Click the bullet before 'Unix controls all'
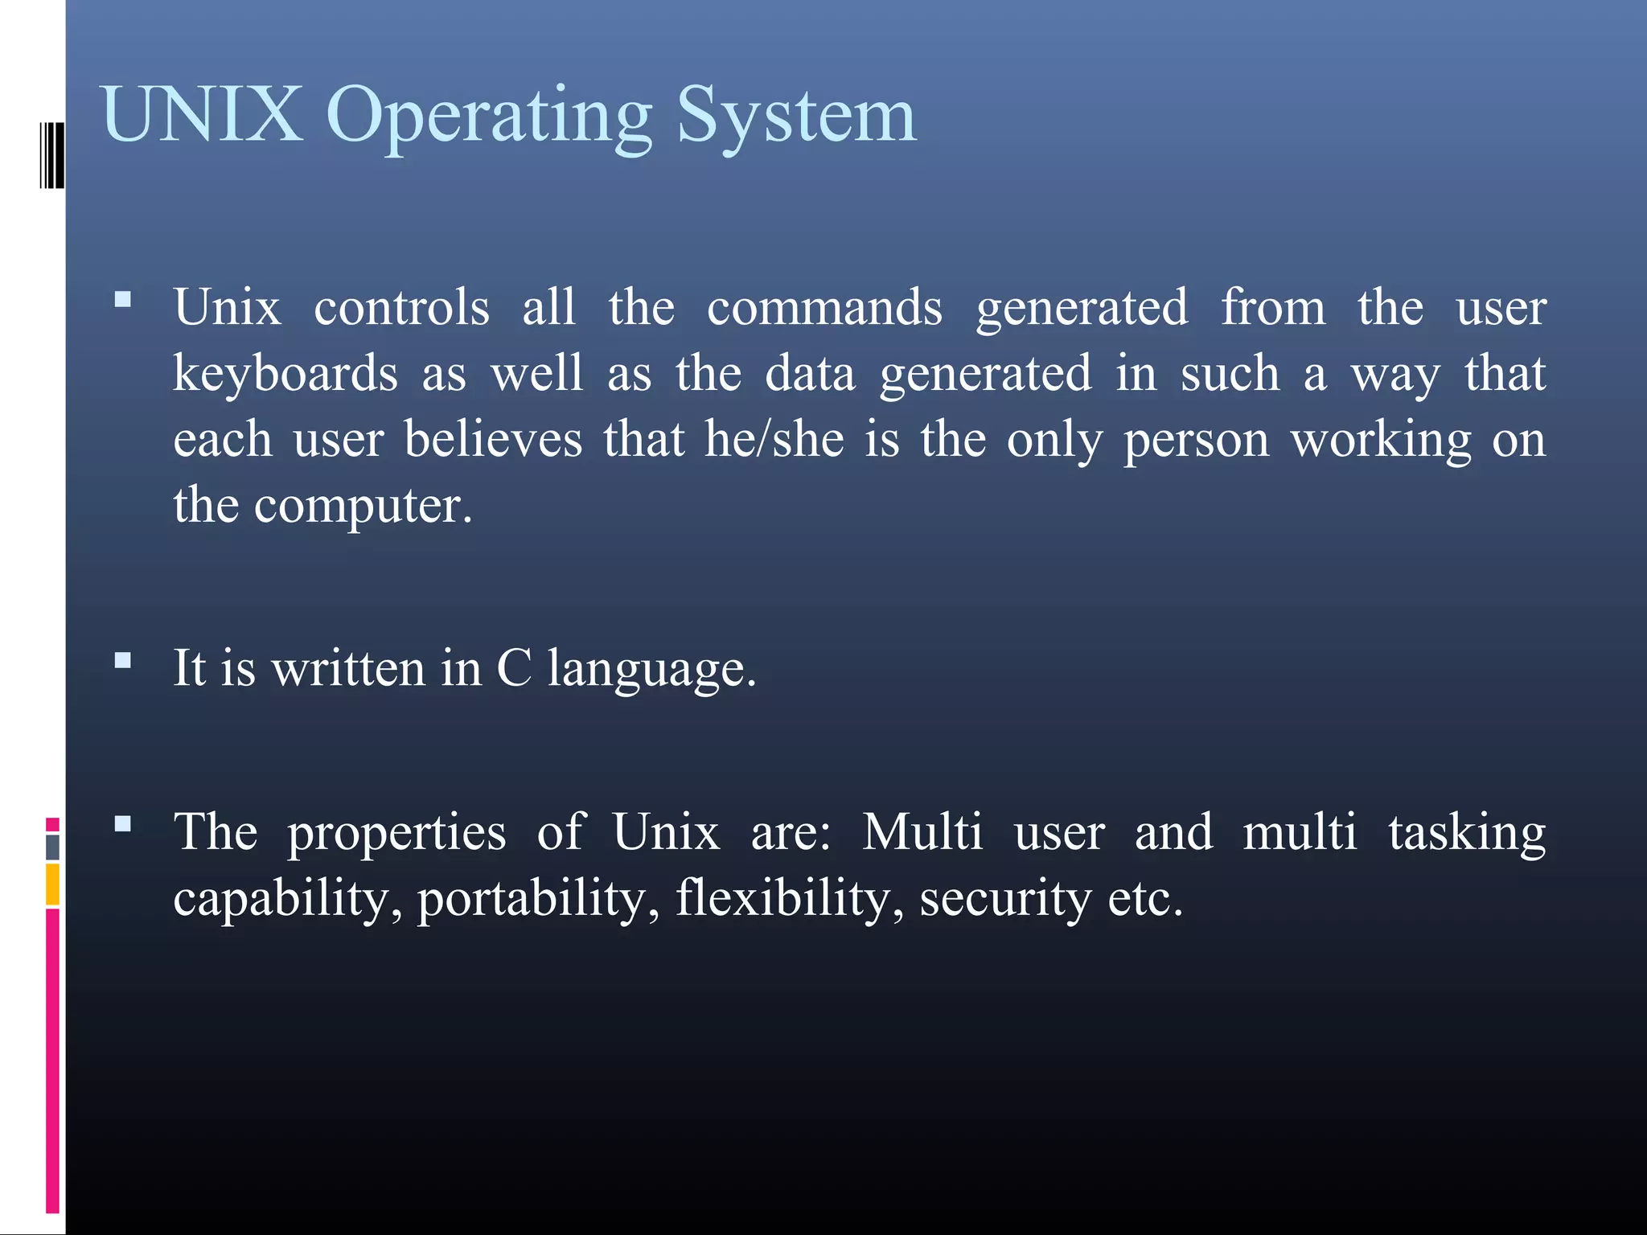click(x=123, y=301)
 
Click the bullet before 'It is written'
click(x=123, y=661)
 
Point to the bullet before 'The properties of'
click(x=123, y=823)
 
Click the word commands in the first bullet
click(x=824, y=308)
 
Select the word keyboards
click(x=285, y=374)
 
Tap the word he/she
click(x=774, y=440)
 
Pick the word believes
click(x=493, y=440)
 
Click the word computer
click(x=362, y=506)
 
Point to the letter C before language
click(x=515, y=668)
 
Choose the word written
click(x=348, y=668)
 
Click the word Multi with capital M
click(x=922, y=831)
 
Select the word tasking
click(x=1467, y=833)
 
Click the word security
click(x=1004, y=899)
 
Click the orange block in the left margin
click(x=52, y=884)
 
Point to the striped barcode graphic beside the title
click(x=52, y=155)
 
